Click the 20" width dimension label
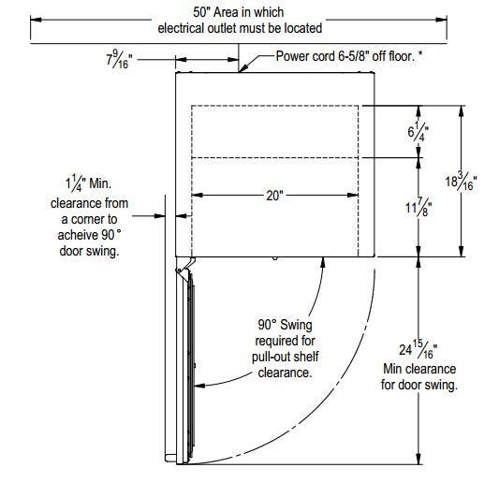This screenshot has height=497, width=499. click(274, 196)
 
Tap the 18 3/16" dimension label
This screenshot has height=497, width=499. click(461, 181)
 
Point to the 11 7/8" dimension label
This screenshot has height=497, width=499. click(418, 207)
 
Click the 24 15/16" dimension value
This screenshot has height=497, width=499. click(418, 349)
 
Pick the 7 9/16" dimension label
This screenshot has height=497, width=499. click(119, 59)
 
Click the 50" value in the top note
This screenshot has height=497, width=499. click(201, 12)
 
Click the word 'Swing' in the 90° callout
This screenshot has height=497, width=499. click(296, 325)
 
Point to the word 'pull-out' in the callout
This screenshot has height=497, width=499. click(271, 357)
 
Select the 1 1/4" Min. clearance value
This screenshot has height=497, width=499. click(88, 183)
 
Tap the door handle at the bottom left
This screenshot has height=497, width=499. click(170, 458)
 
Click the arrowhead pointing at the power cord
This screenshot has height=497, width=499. click(242, 68)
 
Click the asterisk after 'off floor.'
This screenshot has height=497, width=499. click(420, 53)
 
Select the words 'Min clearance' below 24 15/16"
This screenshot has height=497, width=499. click(419, 369)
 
